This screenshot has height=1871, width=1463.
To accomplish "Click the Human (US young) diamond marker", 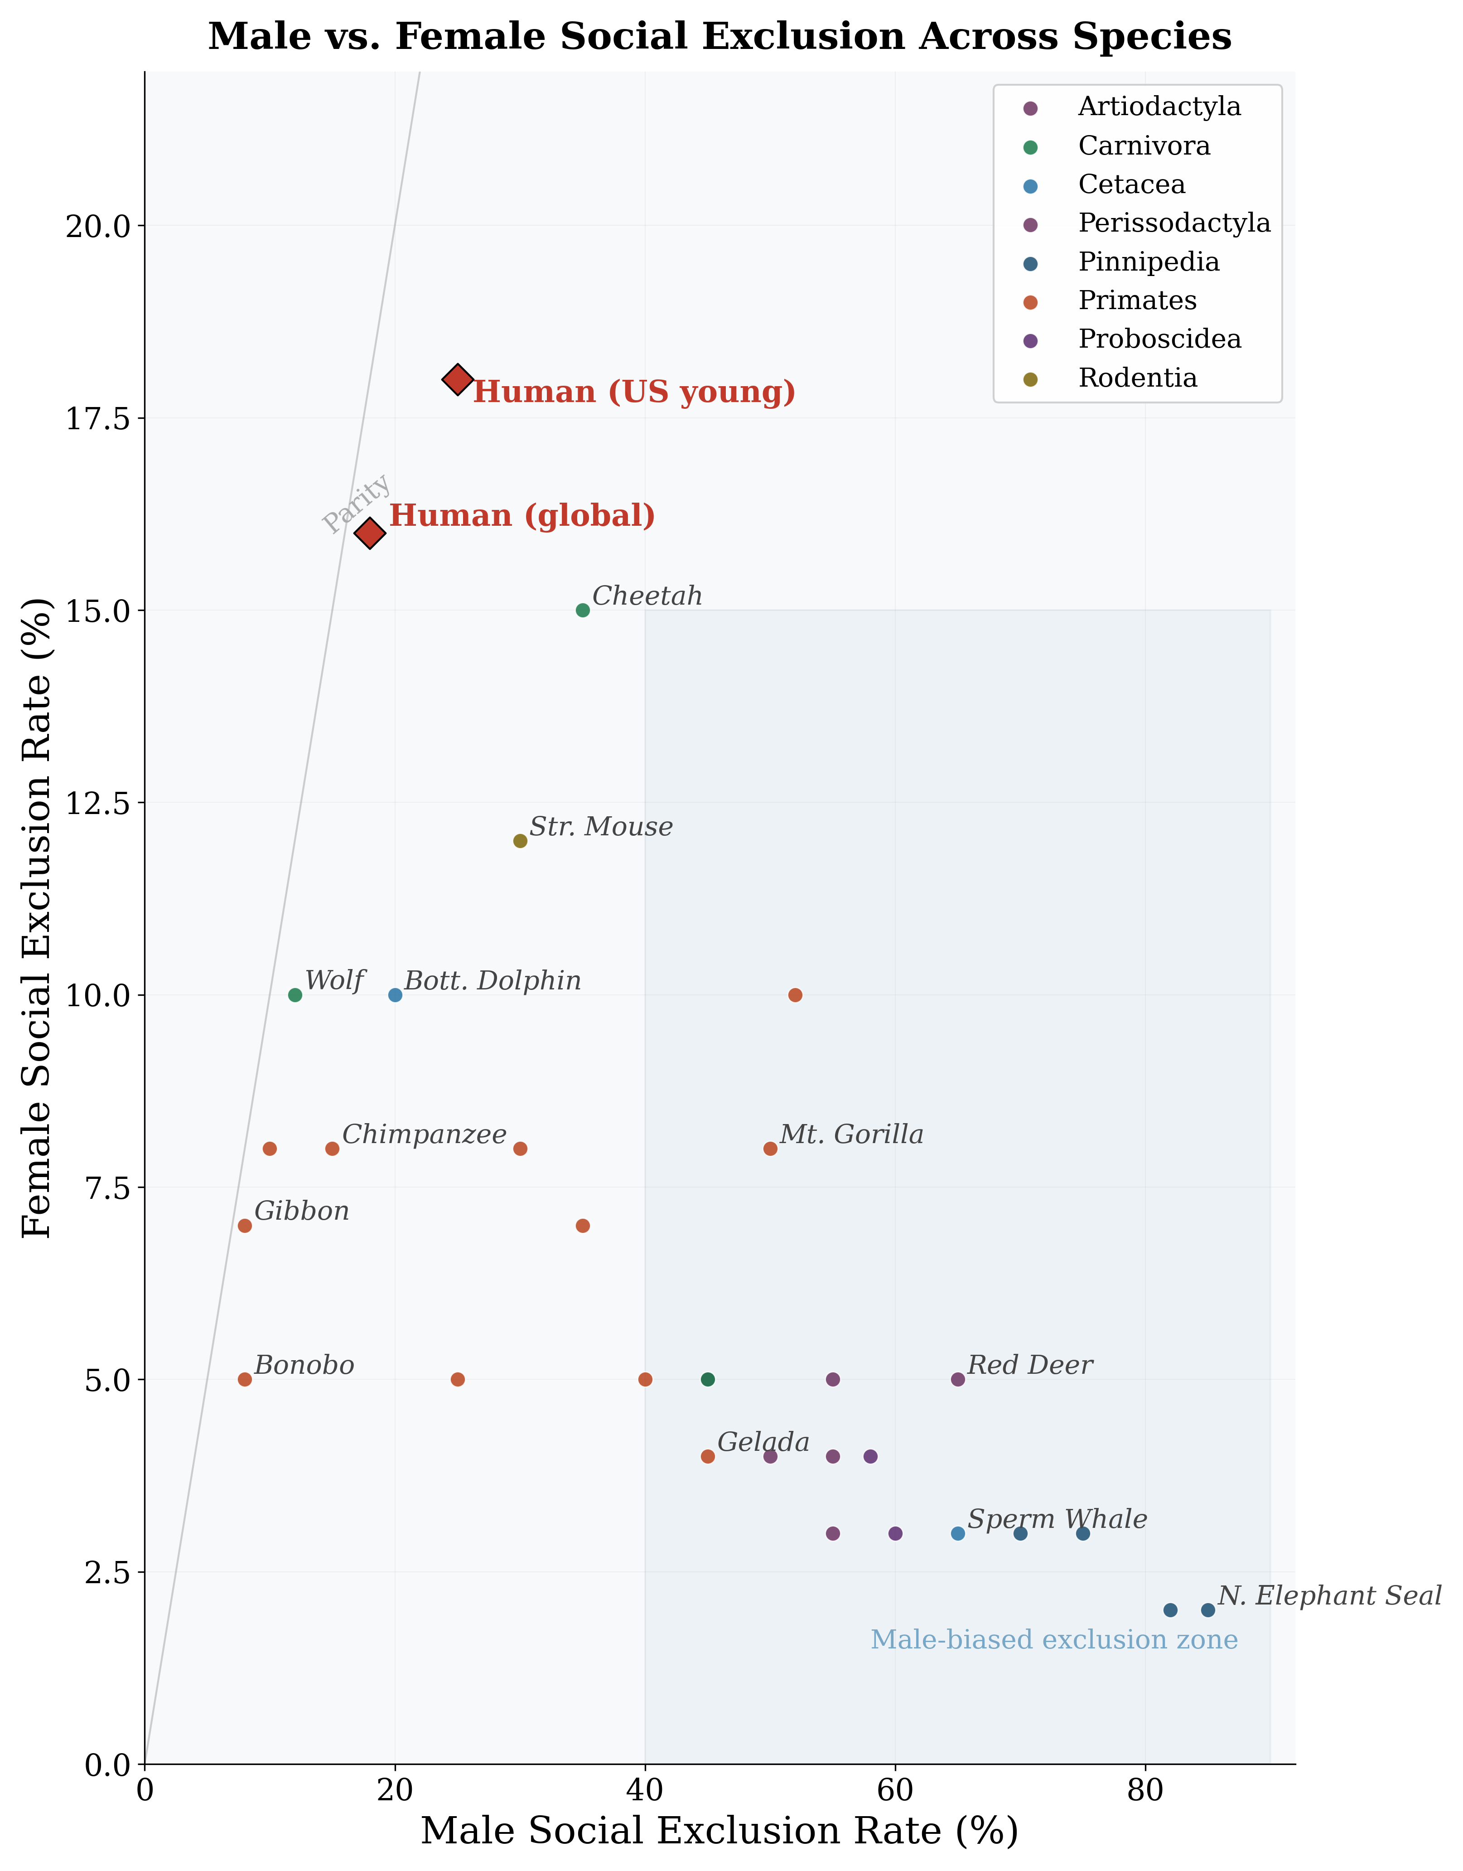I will tap(458, 378).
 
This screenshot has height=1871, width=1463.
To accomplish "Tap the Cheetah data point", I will tap(583, 610).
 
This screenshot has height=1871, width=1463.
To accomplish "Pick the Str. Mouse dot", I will tap(520, 840).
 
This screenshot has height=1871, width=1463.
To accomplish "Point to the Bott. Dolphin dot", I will tap(395, 994).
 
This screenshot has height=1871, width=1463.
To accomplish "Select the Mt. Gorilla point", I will tap(770, 1149).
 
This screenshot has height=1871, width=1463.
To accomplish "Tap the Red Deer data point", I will tap(958, 1379).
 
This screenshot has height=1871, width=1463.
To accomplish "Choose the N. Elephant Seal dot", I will tap(1208, 1610).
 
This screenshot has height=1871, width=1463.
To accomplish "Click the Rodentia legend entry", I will tap(1137, 378).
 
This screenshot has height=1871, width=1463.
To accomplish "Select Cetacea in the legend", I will tap(1130, 184).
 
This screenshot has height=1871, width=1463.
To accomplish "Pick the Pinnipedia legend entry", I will tap(1148, 262).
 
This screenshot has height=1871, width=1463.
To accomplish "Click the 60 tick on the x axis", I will tap(895, 1790).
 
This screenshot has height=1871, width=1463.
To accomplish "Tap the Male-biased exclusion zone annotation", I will tap(1053, 1640).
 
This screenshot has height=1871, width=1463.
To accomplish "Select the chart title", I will tap(719, 37).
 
